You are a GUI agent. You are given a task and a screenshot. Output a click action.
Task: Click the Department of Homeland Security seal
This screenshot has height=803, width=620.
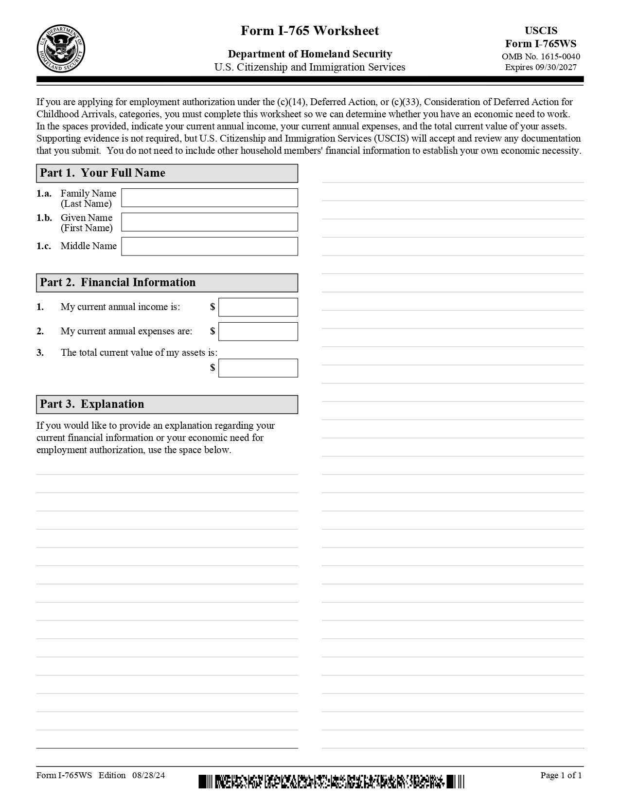[61, 49]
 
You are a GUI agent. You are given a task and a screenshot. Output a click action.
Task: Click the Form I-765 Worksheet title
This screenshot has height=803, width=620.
[310, 31]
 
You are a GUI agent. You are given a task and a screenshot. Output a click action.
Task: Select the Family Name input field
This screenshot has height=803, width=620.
[209, 198]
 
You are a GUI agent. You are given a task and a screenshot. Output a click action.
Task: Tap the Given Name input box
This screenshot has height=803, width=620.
[209, 222]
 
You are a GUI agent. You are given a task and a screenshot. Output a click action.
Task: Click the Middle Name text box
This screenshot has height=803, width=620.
[209, 246]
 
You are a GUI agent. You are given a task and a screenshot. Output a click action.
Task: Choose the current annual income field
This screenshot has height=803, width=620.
[258, 307]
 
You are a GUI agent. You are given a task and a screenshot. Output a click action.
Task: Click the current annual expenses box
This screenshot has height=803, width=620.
[258, 331]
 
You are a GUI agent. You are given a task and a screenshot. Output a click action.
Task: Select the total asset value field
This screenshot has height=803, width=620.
[258, 368]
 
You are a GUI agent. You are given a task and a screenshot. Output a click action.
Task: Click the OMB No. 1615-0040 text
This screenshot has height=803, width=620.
[541, 56]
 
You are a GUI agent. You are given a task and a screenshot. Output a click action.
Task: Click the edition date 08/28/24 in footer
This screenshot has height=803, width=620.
[148, 775]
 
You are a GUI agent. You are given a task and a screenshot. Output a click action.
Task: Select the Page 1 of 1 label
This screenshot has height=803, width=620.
[561, 775]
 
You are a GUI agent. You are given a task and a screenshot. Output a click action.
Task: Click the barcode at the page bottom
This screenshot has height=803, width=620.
[331, 782]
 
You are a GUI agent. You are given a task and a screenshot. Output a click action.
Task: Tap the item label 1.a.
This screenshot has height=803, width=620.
[44, 193]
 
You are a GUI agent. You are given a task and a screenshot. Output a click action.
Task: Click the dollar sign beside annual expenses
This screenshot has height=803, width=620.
[213, 331]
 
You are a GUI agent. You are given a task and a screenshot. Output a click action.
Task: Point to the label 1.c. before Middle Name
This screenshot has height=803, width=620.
[44, 246]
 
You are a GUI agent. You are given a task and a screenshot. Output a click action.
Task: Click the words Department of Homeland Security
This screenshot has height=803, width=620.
[310, 54]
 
